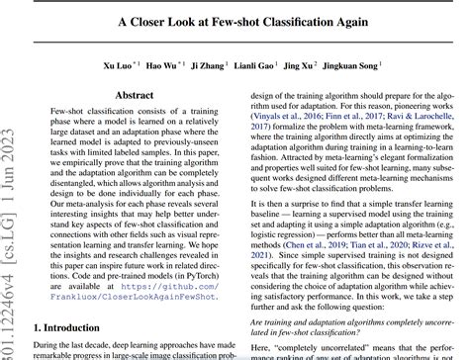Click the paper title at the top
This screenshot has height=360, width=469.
point(234,22)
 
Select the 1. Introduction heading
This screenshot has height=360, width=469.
point(72,326)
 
